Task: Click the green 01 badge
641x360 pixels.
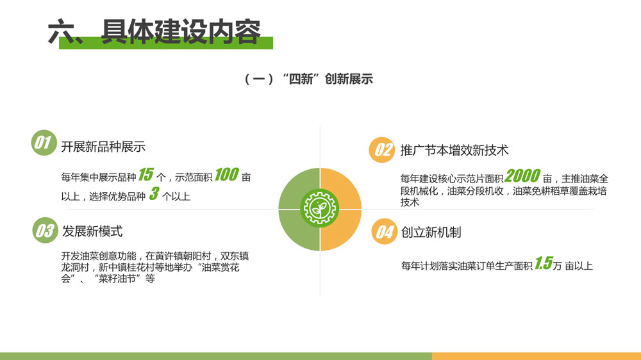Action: coord(44,143)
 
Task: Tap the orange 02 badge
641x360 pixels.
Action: coord(382,149)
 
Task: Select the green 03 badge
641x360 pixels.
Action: coord(45,231)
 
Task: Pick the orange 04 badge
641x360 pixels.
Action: coord(384,232)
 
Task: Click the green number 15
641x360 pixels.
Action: coord(146,174)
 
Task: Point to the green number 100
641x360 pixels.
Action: coord(226,174)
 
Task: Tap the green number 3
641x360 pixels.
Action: coord(154,193)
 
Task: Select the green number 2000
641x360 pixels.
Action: coord(522,176)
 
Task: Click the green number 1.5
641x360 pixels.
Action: coord(544,263)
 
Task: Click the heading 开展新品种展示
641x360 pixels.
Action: coord(103,147)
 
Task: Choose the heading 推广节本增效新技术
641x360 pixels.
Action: coord(454,150)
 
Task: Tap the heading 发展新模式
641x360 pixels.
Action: coord(92,231)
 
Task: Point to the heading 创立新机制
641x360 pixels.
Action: coord(431,232)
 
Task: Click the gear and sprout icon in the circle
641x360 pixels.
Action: coord(320,209)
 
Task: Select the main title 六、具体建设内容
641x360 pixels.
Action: coord(154,31)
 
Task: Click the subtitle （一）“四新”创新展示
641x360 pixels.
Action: coord(308,79)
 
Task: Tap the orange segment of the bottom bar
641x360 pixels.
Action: coord(537,356)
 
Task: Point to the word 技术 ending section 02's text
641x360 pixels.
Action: coord(410,202)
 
